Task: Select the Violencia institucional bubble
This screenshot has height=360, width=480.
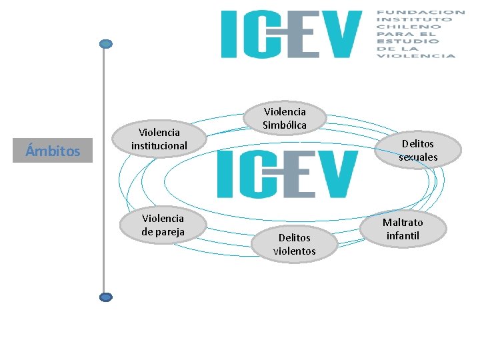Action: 159,139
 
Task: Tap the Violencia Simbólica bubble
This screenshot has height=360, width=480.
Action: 285,119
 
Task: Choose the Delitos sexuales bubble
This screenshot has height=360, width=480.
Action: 418,150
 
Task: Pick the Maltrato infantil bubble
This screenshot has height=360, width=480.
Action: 403,229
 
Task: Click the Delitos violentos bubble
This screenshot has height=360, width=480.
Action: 294,244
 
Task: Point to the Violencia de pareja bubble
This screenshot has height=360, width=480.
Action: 163,225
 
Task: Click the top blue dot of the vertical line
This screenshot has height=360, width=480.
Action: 105,44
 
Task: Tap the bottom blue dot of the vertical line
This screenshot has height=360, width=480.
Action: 105,297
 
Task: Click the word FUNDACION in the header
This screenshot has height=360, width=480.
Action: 421,12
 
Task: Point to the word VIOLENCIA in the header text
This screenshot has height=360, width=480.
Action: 416,55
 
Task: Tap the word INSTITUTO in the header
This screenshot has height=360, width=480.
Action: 414,19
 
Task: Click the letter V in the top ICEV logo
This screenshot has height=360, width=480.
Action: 341,33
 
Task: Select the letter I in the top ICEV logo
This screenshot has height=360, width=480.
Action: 229,33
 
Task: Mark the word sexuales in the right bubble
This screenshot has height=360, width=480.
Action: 418,157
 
